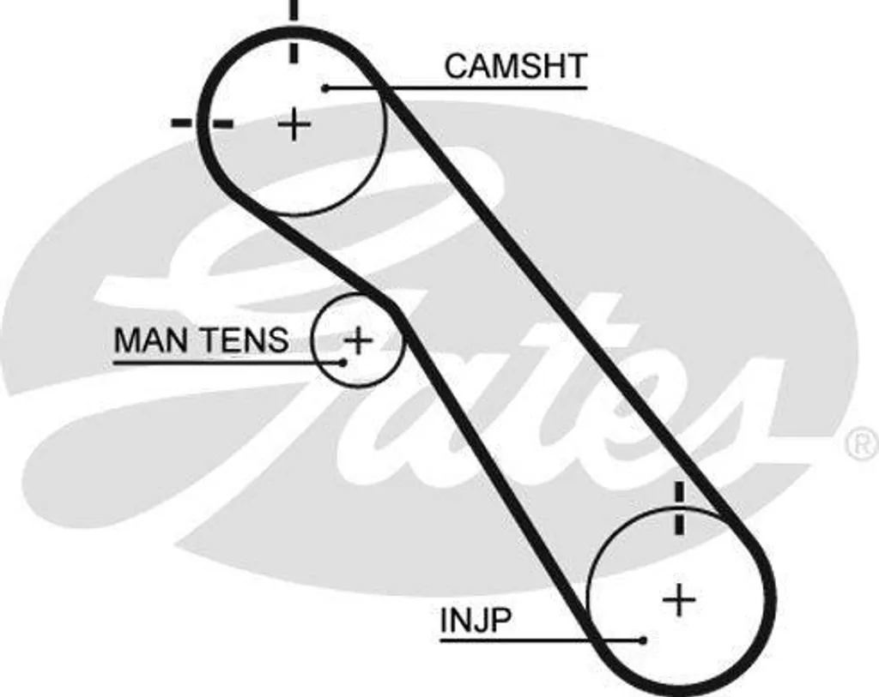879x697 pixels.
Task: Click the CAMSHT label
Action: click(516, 66)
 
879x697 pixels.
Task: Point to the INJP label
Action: click(476, 620)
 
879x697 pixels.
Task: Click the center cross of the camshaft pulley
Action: click(294, 124)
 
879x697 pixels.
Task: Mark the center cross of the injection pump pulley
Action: click(680, 599)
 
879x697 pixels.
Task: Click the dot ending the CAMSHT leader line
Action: click(325, 88)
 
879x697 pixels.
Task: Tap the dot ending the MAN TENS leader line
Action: click(343, 363)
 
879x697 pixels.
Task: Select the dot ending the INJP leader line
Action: click(644, 640)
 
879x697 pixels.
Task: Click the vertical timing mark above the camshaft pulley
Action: click(294, 31)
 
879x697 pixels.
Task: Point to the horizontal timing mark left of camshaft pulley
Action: click(203, 123)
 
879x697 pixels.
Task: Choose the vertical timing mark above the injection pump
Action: click(680, 508)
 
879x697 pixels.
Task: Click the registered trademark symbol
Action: click(862, 444)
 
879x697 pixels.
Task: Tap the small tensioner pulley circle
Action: click(312, 339)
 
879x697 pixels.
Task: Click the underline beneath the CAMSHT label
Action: click(457, 88)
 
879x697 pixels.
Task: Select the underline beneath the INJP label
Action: click(543, 640)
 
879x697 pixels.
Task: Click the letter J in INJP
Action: click(477, 620)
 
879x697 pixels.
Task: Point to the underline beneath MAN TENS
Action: click(228, 363)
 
